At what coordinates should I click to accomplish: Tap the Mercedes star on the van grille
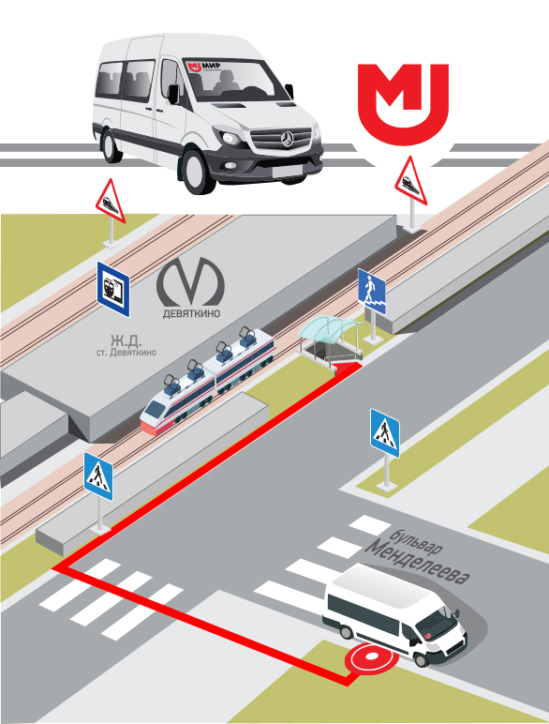coord(288,138)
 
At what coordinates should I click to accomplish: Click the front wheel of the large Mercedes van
coord(198,170)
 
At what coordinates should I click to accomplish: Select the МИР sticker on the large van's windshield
coord(203,66)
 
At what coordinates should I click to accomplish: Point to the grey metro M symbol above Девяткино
coord(190,281)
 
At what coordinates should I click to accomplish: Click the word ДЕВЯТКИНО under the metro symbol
coord(191,313)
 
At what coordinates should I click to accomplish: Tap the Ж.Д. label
coord(126,340)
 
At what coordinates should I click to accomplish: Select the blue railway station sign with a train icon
coord(113,290)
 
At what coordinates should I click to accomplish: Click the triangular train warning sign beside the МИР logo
coord(410,180)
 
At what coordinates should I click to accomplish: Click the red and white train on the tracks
coord(209,381)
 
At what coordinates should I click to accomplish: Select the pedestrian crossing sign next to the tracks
coord(98,477)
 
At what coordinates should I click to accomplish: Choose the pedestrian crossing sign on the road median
coord(385,433)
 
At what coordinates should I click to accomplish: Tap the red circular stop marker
coord(371,657)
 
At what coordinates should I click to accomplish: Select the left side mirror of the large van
coord(174,94)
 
